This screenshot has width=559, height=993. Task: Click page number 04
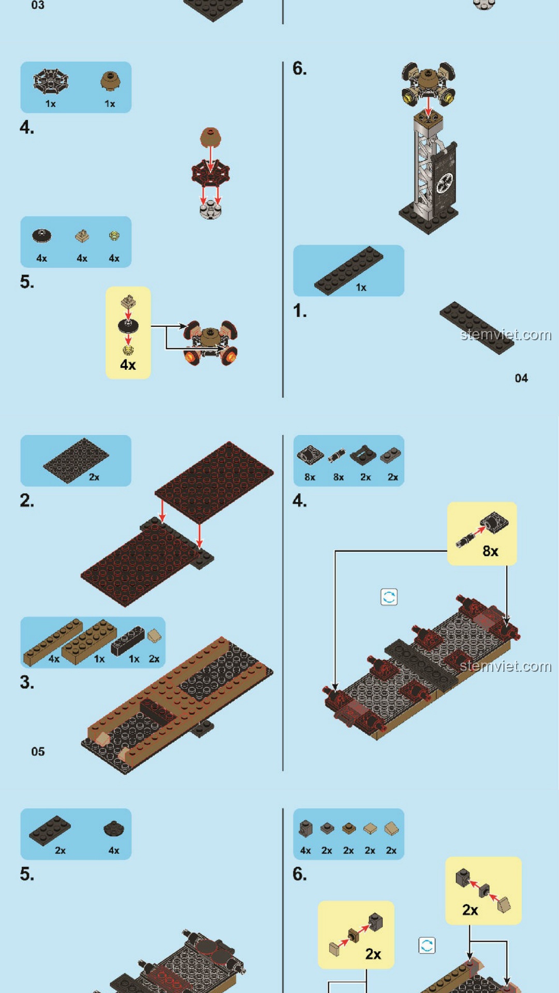pyautogui.click(x=521, y=378)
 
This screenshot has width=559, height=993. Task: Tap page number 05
pyautogui.click(x=38, y=751)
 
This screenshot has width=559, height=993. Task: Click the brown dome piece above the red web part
pyautogui.click(x=210, y=138)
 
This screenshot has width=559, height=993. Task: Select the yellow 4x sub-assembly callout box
pyautogui.click(x=128, y=333)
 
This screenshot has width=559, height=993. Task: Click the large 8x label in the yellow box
pyautogui.click(x=490, y=551)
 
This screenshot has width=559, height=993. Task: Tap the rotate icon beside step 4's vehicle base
pyautogui.click(x=389, y=597)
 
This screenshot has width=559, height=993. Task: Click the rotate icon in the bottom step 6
pyautogui.click(x=426, y=945)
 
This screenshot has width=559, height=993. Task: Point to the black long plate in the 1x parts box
pyautogui.click(x=348, y=270)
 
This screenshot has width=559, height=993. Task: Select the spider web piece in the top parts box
pyautogui.click(x=51, y=81)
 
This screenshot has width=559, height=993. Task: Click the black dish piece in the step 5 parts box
pyautogui.click(x=41, y=235)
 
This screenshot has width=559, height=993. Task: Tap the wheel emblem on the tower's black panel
pyautogui.click(x=445, y=183)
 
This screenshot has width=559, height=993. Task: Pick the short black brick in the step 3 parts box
pyautogui.click(x=127, y=640)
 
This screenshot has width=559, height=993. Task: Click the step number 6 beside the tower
pyautogui.click(x=299, y=68)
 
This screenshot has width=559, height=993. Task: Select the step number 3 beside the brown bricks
pyautogui.click(x=27, y=682)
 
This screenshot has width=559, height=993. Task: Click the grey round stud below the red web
pyautogui.click(x=211, y=209)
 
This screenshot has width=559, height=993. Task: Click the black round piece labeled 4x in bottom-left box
pyautogui.click(x=113, y=829)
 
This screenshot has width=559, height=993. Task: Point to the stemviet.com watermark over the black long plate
pyautogui.click(x=506, y=335)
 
